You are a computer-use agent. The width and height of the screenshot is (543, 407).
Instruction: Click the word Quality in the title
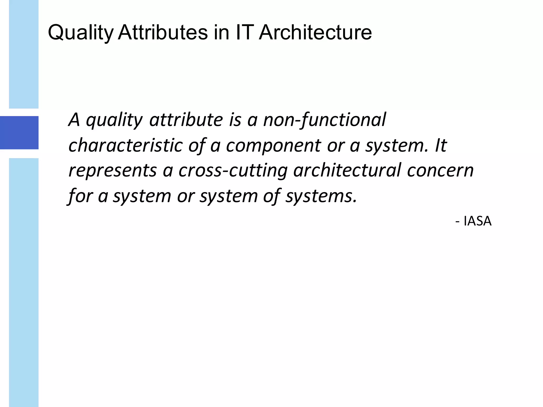point(81,33)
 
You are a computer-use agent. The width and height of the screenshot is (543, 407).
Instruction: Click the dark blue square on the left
point(19,132)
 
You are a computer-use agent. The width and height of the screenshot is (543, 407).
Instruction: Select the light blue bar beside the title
point(24,54)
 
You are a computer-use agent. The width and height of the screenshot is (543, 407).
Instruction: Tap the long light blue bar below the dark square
point(24,282)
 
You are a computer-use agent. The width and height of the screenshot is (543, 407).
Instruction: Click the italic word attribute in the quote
point(186,120)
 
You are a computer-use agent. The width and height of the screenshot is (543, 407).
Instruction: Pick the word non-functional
point(324,120)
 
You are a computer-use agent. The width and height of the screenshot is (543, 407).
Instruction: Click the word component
point(273,146)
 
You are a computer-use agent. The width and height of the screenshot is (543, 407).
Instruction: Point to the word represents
point(113,171)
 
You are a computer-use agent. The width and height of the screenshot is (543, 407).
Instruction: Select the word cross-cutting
point(233,171)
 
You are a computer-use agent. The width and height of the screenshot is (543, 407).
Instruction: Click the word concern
point(440,171)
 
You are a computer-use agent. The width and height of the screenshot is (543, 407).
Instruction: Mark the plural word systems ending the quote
point(321,196)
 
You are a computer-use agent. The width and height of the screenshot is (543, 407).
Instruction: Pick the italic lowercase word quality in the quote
point(114,120)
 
